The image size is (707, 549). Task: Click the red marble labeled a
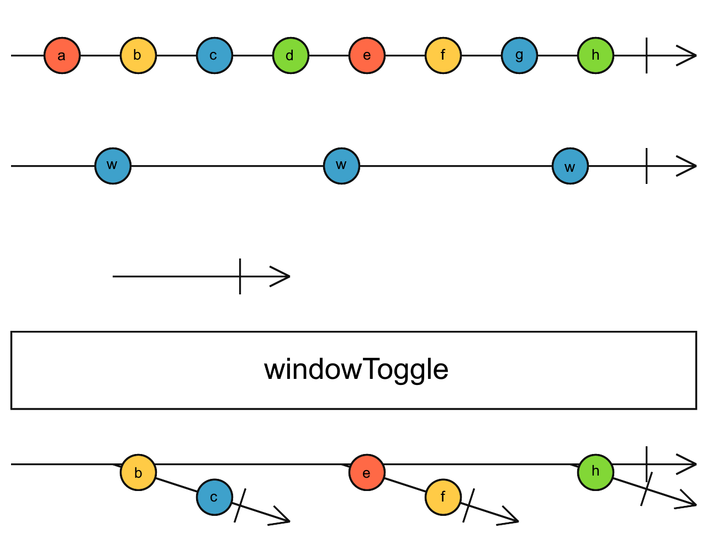tap(62, 55)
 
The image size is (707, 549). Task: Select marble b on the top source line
tap(138, 55)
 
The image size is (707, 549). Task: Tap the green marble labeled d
tap(291, 55)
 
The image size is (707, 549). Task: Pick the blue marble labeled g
tap(519, 55)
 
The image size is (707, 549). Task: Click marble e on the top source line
tap(367, 55)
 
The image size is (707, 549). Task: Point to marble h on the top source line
tap(595, 55)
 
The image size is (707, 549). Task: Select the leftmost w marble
tap(113, 166)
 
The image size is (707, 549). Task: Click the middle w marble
tap(341, 166)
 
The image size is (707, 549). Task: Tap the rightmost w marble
tap(570, 166)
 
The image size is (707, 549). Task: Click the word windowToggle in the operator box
tap(356, 369)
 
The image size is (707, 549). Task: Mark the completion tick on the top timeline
tap(646, 55)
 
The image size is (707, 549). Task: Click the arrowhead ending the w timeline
tap(688, 166)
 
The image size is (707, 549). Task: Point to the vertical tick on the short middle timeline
tap(240, 276)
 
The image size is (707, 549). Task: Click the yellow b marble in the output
tap(138, 472)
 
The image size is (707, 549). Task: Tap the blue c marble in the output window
tap(214, 497)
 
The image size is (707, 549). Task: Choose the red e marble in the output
tap(367, 472)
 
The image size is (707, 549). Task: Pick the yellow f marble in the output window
tap(443, 497)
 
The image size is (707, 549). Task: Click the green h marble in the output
tap(595, 472)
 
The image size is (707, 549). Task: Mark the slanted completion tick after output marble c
tap(240, 505)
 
